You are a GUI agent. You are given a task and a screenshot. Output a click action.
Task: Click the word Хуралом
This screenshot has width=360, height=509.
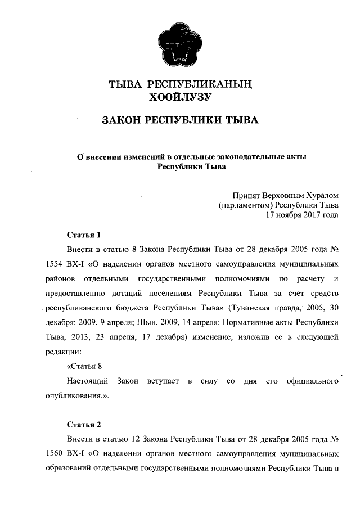coord(317,195)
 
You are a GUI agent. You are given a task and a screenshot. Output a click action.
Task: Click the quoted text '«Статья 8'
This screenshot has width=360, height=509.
coord(84,366)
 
